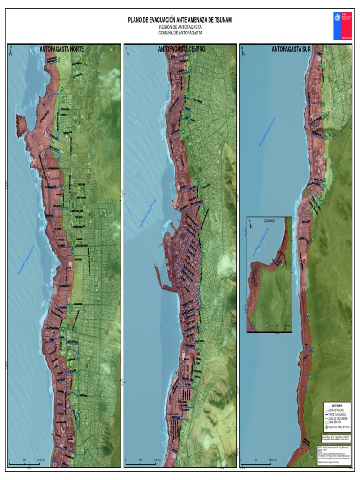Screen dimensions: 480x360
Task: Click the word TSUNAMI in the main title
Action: pyautogui.click(x=219, y=20)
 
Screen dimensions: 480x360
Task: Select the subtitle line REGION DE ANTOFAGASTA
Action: pyautogui.click(x=180, y=27)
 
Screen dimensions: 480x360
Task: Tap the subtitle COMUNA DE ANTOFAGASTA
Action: pyautogui.click(x=180, y=33)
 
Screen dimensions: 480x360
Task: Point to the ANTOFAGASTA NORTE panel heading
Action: pyautogui.click(x=65, y=49)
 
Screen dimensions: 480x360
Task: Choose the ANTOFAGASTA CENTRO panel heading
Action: pyautogui.click(x=181, y=49)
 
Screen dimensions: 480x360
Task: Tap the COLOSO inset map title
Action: pyautogui.click(x=270, y=220)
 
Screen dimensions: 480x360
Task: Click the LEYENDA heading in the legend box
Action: pyautogui.click(x=337, y=405)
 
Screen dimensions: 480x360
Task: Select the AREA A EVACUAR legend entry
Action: pyautogui.click(x=336, y=410)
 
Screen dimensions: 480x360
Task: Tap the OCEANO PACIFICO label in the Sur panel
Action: pyautogui.click(x=267, y=132)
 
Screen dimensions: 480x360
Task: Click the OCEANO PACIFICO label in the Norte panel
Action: pyautogui.click(x=26, y=259)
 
